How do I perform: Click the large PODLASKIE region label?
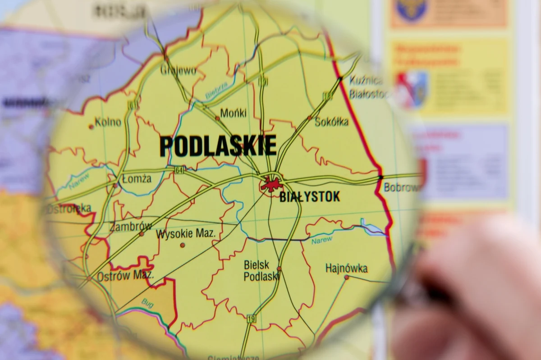[218, 146]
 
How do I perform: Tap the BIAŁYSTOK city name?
[309, 197]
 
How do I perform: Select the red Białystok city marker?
[271, 184]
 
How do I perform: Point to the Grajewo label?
[179, 71]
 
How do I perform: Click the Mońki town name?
[234, 113]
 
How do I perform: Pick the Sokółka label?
[331, 122]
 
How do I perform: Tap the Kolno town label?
[108, 122]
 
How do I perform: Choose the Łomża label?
[137, 179]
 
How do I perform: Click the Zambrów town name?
[130, 227]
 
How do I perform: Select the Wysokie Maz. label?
[186, 234]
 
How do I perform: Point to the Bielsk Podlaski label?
[261, 271]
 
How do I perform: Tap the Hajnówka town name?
[346, 269]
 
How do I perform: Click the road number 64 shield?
[179, 170]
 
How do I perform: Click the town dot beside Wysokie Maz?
[183, 245]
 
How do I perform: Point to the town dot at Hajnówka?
[346, 278]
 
